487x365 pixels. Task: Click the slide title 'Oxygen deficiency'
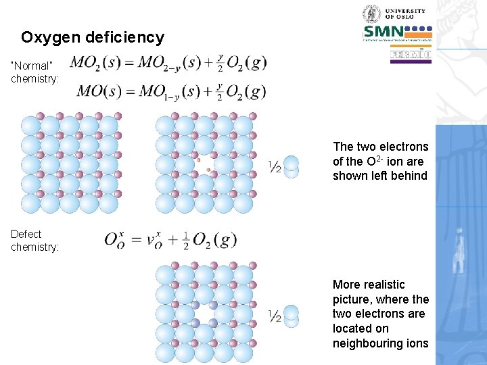point(93,37)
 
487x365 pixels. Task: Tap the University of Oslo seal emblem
point(371,14)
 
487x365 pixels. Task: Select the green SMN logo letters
point(384,31)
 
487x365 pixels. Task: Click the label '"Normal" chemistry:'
point(34,72)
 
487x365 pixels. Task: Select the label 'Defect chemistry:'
point(34,241)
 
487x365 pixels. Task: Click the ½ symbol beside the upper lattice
point(275,166)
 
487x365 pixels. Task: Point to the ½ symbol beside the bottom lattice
point(275,316)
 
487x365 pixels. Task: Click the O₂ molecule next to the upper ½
point(292,167)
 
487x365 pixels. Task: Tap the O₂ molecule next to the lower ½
point(292,316)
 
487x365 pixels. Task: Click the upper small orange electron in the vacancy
point(199,161)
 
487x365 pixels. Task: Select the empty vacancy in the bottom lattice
point(204,314)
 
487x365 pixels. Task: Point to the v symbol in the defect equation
point(155,240)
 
